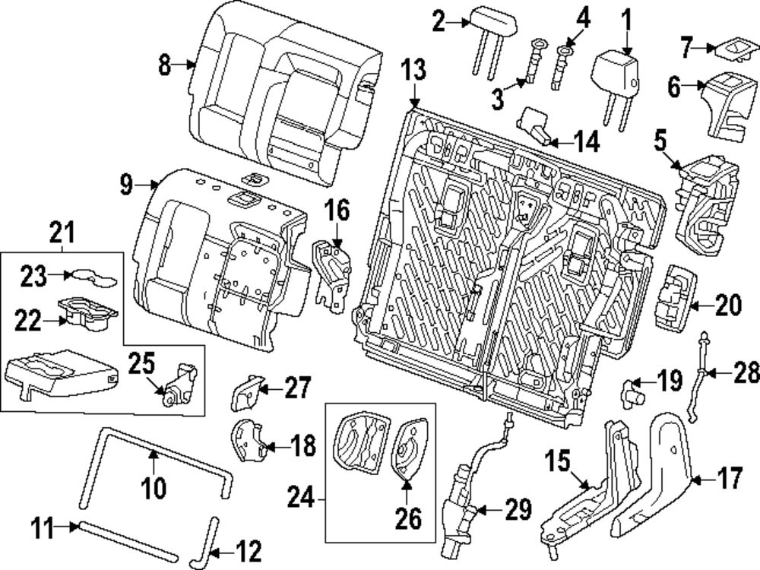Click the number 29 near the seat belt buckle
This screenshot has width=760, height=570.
pyautogui.click(x=518, y=511)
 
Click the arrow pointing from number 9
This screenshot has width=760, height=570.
pyautogui.click(x=148, y=183)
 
